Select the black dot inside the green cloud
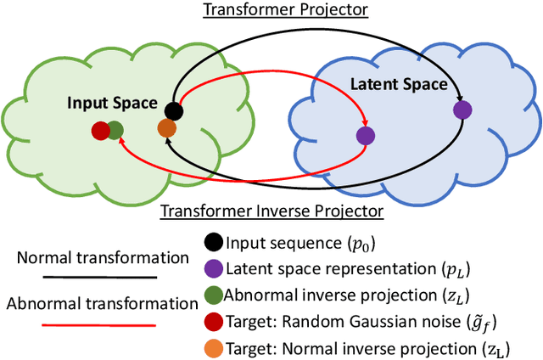pos(174,110)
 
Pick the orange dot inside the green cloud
pos(167,128)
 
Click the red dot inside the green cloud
pos(101,131)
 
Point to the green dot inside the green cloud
pos(115,131)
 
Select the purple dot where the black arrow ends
pos(462,109)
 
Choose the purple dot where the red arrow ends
pos(365,134)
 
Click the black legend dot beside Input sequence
pos(214,242)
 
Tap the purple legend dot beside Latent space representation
pos(214,268)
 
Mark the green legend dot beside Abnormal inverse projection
pos(214,295)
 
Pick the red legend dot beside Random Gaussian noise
pos(214,322)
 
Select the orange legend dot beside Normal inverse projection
pos(214,349)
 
